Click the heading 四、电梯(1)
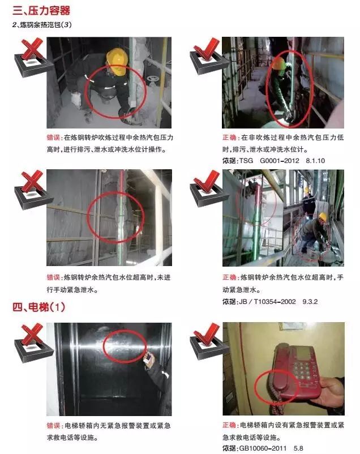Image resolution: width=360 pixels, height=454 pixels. (x=40, y=307)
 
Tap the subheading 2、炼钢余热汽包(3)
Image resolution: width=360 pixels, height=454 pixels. (x=42, y=25)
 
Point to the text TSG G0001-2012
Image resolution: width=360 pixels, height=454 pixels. (x=266, y=161)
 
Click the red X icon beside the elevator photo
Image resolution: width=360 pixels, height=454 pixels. (x=33, y=340)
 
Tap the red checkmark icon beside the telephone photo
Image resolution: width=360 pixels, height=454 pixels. (x=206, y=340)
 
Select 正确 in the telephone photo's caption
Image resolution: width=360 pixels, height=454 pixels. (x=229, y=425)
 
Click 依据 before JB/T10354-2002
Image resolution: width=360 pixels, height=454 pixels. (x=230, y=302)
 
